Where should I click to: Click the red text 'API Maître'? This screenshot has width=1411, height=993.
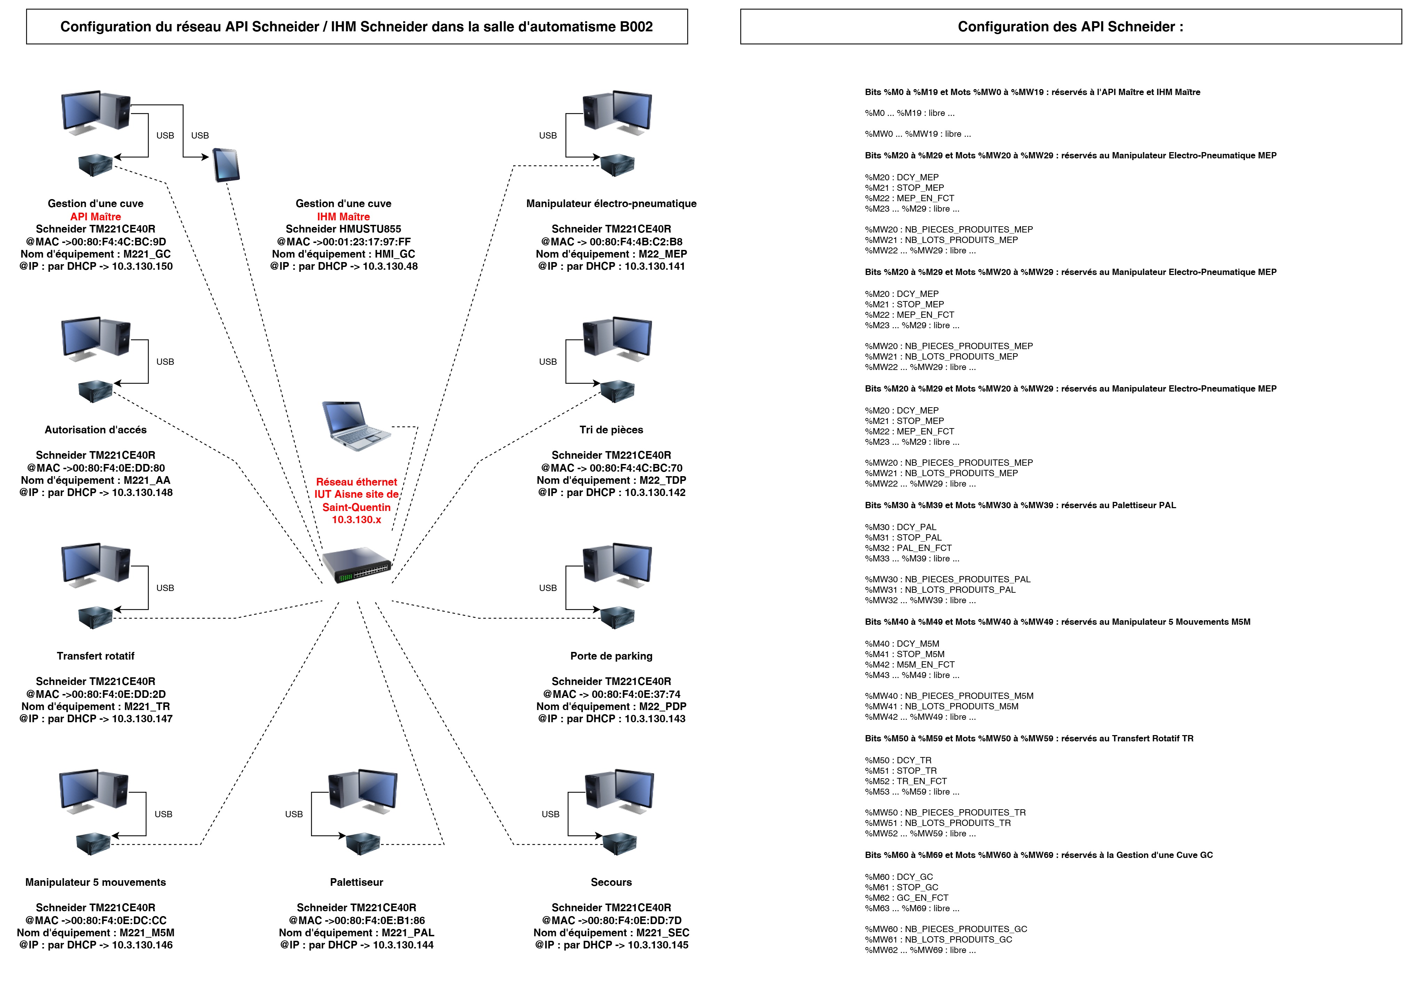(x=95, y=216)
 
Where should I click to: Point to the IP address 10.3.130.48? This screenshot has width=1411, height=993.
(x=390, y=266)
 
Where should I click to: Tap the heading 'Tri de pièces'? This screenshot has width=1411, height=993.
(x=611, y=430)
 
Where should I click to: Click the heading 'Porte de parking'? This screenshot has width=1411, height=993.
(x=611, y=656)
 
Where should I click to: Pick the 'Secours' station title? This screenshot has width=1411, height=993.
(x=611, y=882)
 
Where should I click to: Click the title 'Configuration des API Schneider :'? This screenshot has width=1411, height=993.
(x=1070, y=26)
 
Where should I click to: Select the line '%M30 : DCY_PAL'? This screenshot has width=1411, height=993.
(x=900, y=527)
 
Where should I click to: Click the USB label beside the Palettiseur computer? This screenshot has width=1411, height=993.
(x=294, y=814)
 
